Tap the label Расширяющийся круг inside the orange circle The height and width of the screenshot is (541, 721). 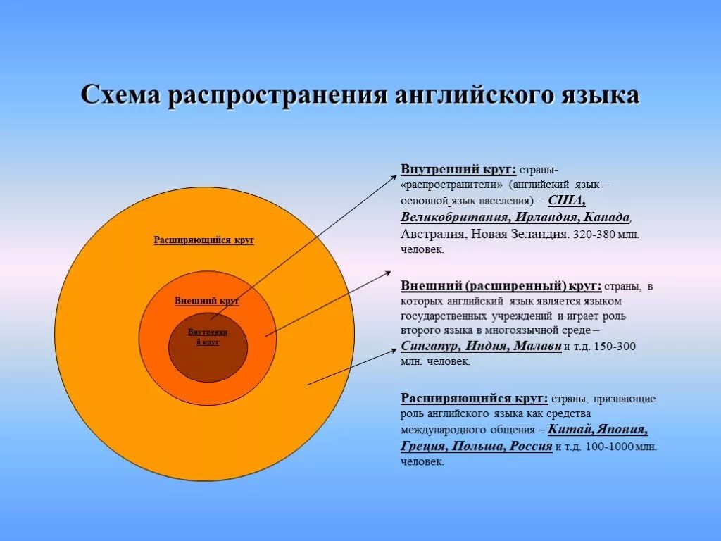click(204, 240)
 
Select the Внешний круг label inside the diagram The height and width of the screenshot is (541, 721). click(207, 301)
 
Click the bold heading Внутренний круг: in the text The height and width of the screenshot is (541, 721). click(458, 170)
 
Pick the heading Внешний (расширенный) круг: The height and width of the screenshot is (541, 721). click(501, 286)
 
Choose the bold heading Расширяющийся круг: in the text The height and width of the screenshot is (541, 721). click(475, 398)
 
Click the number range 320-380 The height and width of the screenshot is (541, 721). click(594, 235)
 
